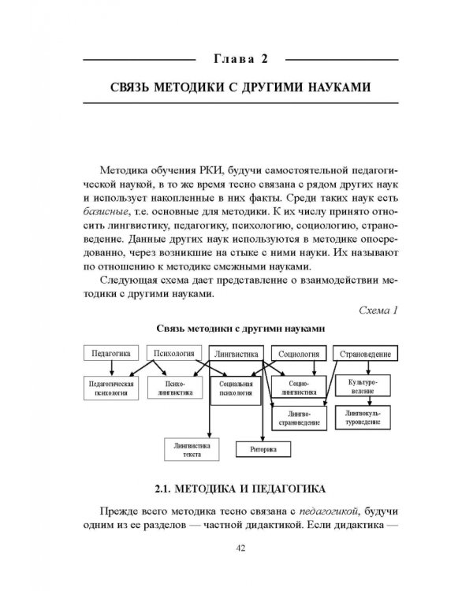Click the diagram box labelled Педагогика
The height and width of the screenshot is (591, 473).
pyautogui.click(x=110, y=352)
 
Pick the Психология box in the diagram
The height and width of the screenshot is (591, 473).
pyautogui.click(x=174, y=352)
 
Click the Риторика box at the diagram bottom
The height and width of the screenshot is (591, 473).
pyautogui.click(x=268, y=449)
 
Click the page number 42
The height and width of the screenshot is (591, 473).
pyautogui.click(x=236, y=550)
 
